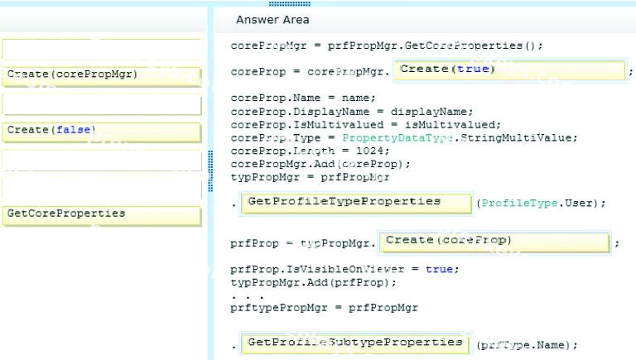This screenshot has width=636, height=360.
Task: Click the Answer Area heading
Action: (272, 20)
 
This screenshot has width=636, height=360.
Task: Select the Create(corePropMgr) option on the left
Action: (101, 76)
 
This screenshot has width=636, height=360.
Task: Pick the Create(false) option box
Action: (101, 132)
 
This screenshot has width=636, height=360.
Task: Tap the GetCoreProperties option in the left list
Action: (101, 215)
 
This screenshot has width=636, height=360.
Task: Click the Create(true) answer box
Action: (510, 70)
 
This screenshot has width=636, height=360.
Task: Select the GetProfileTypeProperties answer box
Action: (356, 203)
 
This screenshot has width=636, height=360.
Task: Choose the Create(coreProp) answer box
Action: (494, 242)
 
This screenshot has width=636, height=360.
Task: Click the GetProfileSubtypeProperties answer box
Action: (355, 343)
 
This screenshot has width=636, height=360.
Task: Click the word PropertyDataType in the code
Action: (397, 138)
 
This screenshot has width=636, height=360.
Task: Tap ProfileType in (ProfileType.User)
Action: (519, 203)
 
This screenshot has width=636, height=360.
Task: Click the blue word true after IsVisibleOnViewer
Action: (439, 269)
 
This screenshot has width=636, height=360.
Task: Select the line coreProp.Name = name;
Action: (303, 98)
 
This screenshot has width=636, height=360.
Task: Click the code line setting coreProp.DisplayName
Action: (352, 112)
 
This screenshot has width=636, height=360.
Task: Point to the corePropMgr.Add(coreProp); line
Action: (320, 164)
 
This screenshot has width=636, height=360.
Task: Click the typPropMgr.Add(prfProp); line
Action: (313, 282)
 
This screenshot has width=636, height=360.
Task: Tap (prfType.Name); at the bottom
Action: (527, 345)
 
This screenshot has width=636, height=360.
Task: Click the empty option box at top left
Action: (101, 49)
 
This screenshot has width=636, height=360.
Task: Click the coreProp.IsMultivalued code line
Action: (365, 124)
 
